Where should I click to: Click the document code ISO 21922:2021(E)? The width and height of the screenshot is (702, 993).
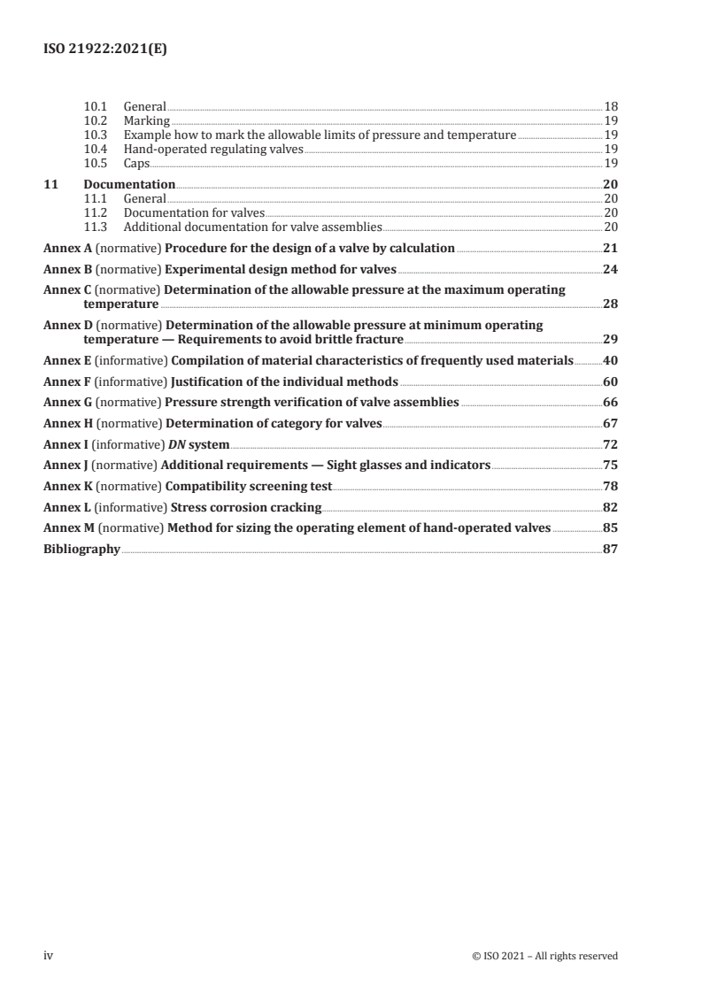click(105, 50)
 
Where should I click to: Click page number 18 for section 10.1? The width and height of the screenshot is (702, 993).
click(610, 107)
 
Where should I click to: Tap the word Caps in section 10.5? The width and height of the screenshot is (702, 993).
click(136, 164)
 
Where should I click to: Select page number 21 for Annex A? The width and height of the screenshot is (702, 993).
click(609, 248)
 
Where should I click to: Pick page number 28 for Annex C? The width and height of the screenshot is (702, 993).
click(609, 304)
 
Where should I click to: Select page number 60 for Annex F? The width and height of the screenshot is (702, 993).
click(609, 381)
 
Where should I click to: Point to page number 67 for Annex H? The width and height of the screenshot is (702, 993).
click(609, 423)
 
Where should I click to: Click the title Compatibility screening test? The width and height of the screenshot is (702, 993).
click(249, 486)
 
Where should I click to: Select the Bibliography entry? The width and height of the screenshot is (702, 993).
click(81, 549)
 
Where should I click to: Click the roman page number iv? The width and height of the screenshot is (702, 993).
click(50, 955)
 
